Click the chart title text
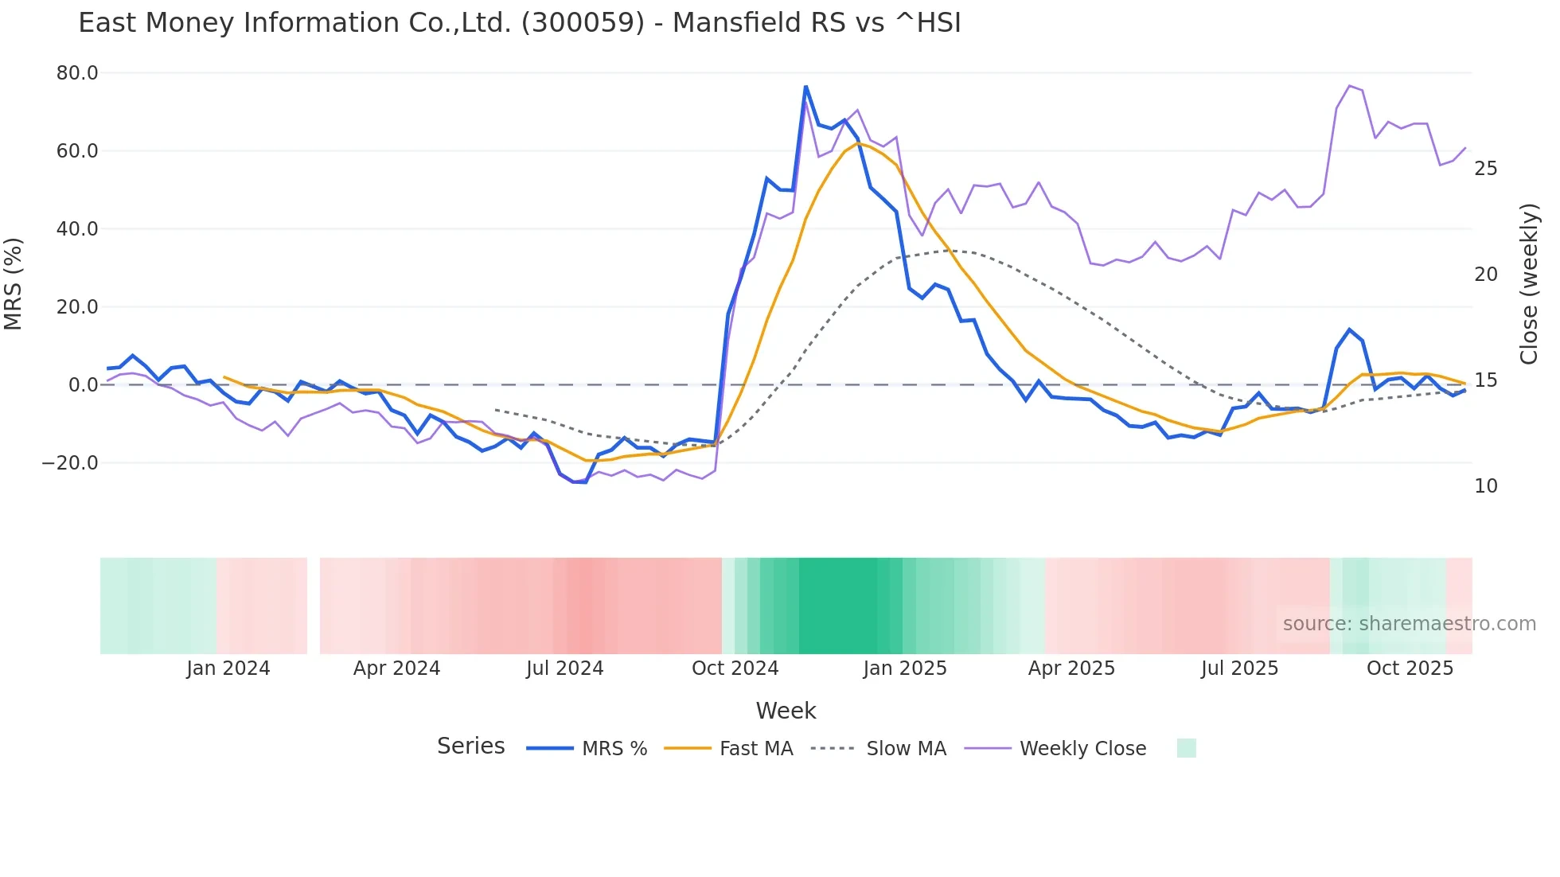click(x=519, y=23)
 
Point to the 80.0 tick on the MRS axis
click(x=77, y=73)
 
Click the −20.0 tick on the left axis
click(x=70, y=463)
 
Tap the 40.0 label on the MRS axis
click(x=77, y=229)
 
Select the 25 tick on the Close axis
click(x=1485, y=169)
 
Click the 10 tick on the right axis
click(x=1485, y=486)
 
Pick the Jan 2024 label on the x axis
click(x=228, y=668)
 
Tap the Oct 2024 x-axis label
click(x=735, y=668)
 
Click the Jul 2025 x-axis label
click(x=1239, y=668)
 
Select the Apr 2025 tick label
click(x=1071, y=668)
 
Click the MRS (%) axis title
click(x=14, y=283)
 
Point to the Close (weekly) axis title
click(x=1529, y=283)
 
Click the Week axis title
click(x=786, y=711)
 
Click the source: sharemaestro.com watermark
click(x=1409, y=624)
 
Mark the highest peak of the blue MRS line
click(x=805, y=86)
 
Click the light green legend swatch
click(x=1186, y=748)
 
